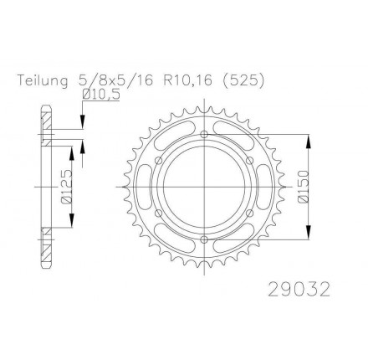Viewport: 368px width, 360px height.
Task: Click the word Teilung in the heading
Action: point(43,81)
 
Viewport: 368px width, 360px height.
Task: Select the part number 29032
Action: point(299,290)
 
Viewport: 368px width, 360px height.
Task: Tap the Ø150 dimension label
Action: point(304,186)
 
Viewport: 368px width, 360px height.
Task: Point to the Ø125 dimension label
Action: point(66,186)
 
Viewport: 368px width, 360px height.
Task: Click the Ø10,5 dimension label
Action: point(101,95)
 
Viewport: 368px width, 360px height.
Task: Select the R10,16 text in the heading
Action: point(187,81)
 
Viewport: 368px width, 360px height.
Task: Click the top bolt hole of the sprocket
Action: point(205,134)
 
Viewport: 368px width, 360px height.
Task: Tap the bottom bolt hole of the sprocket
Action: point(205,239)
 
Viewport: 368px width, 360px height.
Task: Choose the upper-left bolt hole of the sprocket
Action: point(159,161)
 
